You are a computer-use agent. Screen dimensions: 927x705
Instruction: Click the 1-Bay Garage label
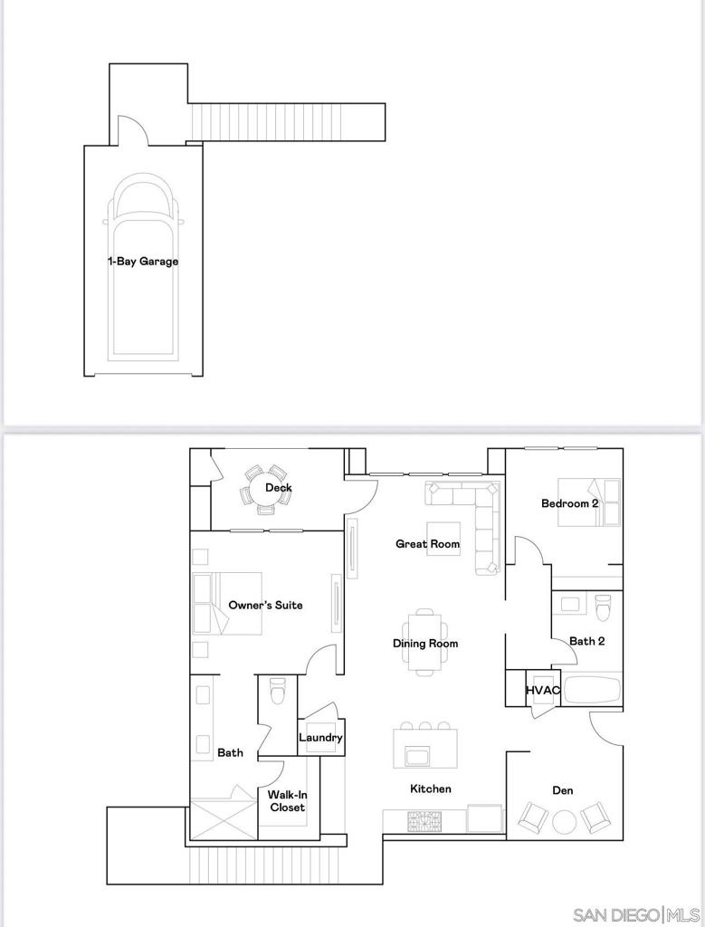(x=143, y=262)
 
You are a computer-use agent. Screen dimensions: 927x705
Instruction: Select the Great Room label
(x=427, y=544)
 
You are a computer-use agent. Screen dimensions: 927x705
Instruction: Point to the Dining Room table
(x=425, y=643)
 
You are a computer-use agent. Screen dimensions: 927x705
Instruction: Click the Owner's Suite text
(x=265, y=605)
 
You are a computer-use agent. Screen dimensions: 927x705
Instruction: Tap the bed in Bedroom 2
(x=589, y=502)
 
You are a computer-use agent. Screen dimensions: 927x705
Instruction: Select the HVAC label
(x=543, y=691)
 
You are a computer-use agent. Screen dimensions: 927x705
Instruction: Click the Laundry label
(x=320, y=738)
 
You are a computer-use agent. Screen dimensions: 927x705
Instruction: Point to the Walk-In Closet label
(x=287, y=801)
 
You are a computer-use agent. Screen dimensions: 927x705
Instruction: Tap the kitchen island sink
(x=418, y=756)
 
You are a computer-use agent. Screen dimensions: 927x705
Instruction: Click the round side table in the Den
(x=565, y=822)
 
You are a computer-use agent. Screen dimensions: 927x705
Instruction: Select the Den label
(x=562, y=790)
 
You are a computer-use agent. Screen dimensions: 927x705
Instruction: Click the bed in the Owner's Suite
(x=226, y=603)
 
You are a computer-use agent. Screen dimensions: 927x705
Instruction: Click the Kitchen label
(x=430, y=789)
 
